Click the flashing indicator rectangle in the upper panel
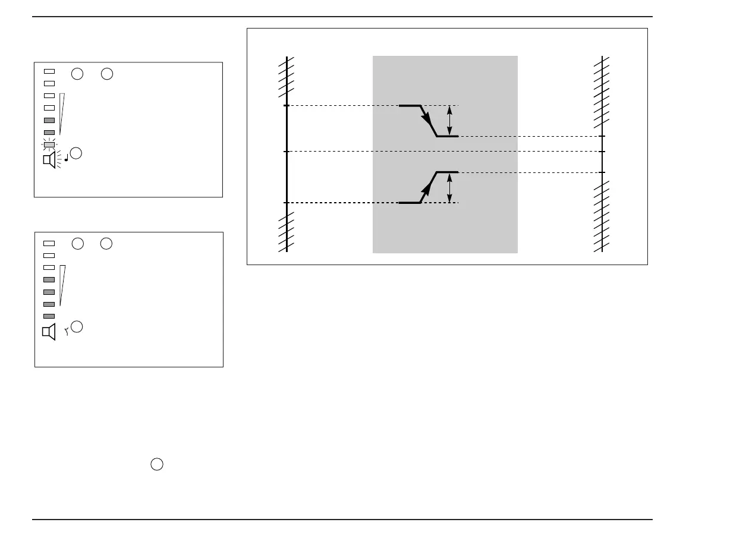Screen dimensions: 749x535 click(49, 144)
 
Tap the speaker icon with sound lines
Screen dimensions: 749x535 click(49, 160)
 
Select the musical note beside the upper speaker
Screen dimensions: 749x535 click(65, 159)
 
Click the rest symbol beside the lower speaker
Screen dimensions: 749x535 click(67, 333)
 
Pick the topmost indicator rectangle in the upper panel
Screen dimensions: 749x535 click(49, 71)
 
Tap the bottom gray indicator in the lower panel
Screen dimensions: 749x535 click(49, 316)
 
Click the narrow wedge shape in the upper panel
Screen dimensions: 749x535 click(61, 113)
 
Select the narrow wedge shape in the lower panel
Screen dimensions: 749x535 click(62, 285)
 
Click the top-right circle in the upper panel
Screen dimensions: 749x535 click(106, 74)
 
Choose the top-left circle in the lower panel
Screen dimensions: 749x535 click(77, 243)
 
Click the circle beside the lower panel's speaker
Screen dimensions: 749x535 click(77, 326)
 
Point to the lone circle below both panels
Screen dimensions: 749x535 click(156, 465)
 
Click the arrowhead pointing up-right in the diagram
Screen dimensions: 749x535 click(427, 190)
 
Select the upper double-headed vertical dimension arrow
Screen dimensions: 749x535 click(449, 121)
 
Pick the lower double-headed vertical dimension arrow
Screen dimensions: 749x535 click(449, 187)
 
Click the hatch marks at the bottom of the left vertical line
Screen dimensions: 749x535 click(287, 232)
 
